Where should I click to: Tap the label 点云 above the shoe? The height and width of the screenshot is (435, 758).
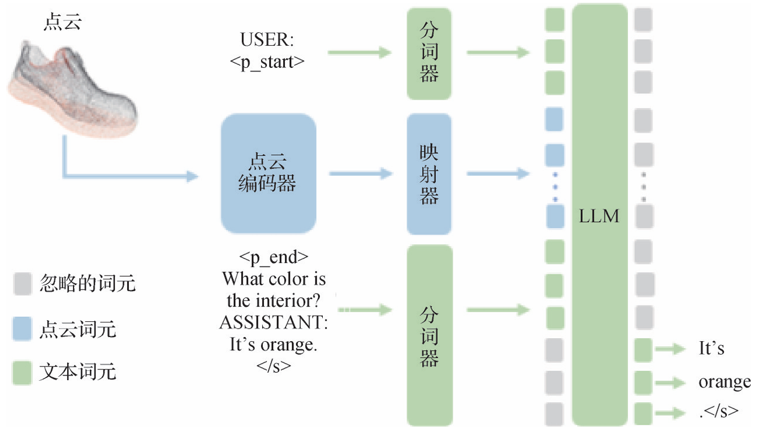62,23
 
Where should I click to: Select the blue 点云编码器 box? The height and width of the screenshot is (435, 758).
268,174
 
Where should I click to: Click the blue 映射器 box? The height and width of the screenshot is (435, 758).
429,174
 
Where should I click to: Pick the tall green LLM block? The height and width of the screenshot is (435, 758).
600,215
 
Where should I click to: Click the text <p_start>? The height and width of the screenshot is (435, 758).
267,62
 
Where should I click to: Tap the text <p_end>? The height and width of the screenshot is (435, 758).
274,257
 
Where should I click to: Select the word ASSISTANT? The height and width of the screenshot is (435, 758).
274,322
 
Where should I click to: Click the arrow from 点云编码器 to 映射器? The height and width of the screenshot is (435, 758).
361,174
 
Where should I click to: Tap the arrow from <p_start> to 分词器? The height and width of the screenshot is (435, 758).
359,53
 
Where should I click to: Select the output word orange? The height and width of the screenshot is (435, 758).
724,382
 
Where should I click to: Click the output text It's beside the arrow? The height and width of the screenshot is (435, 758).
712,348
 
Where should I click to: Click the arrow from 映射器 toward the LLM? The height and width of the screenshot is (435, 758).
498,174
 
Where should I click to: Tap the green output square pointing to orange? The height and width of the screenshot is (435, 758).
643,382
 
